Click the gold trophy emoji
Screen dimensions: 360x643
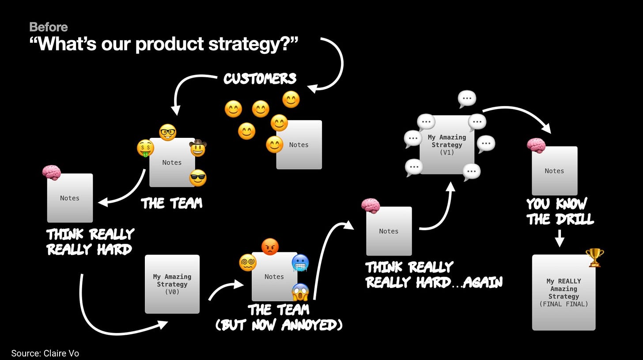coord(594,257)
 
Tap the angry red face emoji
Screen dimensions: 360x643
coord(270,246)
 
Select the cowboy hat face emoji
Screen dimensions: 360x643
coord(198,148)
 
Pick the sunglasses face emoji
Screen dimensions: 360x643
coord(198,178)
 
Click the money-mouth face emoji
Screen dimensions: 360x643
coord(145,148)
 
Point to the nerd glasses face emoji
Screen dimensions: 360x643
coord(167,132)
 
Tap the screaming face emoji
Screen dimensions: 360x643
coord(300,292)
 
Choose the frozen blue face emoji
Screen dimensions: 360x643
coord(300,263)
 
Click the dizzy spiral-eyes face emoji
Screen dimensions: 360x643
coord(248,263)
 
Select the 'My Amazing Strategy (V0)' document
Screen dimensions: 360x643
coord(172,284)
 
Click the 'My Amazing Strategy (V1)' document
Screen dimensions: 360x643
coord(447,144)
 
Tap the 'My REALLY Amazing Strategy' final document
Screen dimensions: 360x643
coord(564,292)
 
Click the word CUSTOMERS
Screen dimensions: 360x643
coord(260,79)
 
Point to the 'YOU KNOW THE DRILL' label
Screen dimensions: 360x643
coord(560,211)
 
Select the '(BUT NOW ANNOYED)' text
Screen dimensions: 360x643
coord(279,325)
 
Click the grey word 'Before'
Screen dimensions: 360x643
coord(49,27)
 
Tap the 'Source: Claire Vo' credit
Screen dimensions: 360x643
coord(45,353)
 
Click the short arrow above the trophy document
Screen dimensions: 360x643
coord(560,238)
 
